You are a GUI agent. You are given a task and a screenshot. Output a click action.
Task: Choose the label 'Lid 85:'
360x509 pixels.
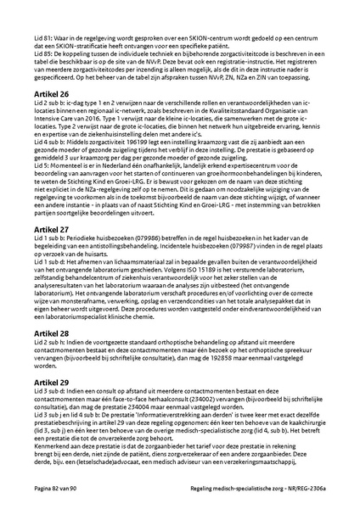pyautogui.click(x=34, y=54)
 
